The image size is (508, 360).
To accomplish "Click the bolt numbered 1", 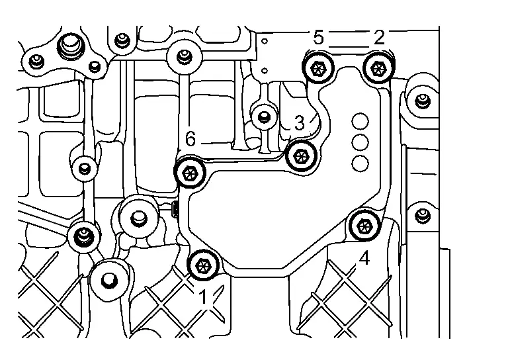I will [202, 265].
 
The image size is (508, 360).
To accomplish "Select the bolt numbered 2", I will [378, 67].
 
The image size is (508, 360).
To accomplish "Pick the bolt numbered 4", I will [363, 226].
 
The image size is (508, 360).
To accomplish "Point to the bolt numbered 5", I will [317, 67].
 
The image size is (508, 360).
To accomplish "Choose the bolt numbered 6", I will [190, 173].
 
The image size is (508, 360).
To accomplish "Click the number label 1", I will [205, 298].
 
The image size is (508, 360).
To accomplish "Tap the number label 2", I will [378, 38].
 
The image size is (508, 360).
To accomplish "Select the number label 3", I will [299, 123].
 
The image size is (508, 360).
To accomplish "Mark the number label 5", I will [318, 38].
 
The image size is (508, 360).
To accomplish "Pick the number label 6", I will [190, 139].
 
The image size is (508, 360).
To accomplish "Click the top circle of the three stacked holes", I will [360, 121].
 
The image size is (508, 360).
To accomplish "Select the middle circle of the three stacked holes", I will [360, 142].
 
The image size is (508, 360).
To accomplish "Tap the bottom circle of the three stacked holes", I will [360, 162].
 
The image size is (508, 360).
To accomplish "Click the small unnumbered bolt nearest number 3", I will [264, 117].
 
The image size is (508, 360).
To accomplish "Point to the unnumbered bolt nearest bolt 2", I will [421, 101].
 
